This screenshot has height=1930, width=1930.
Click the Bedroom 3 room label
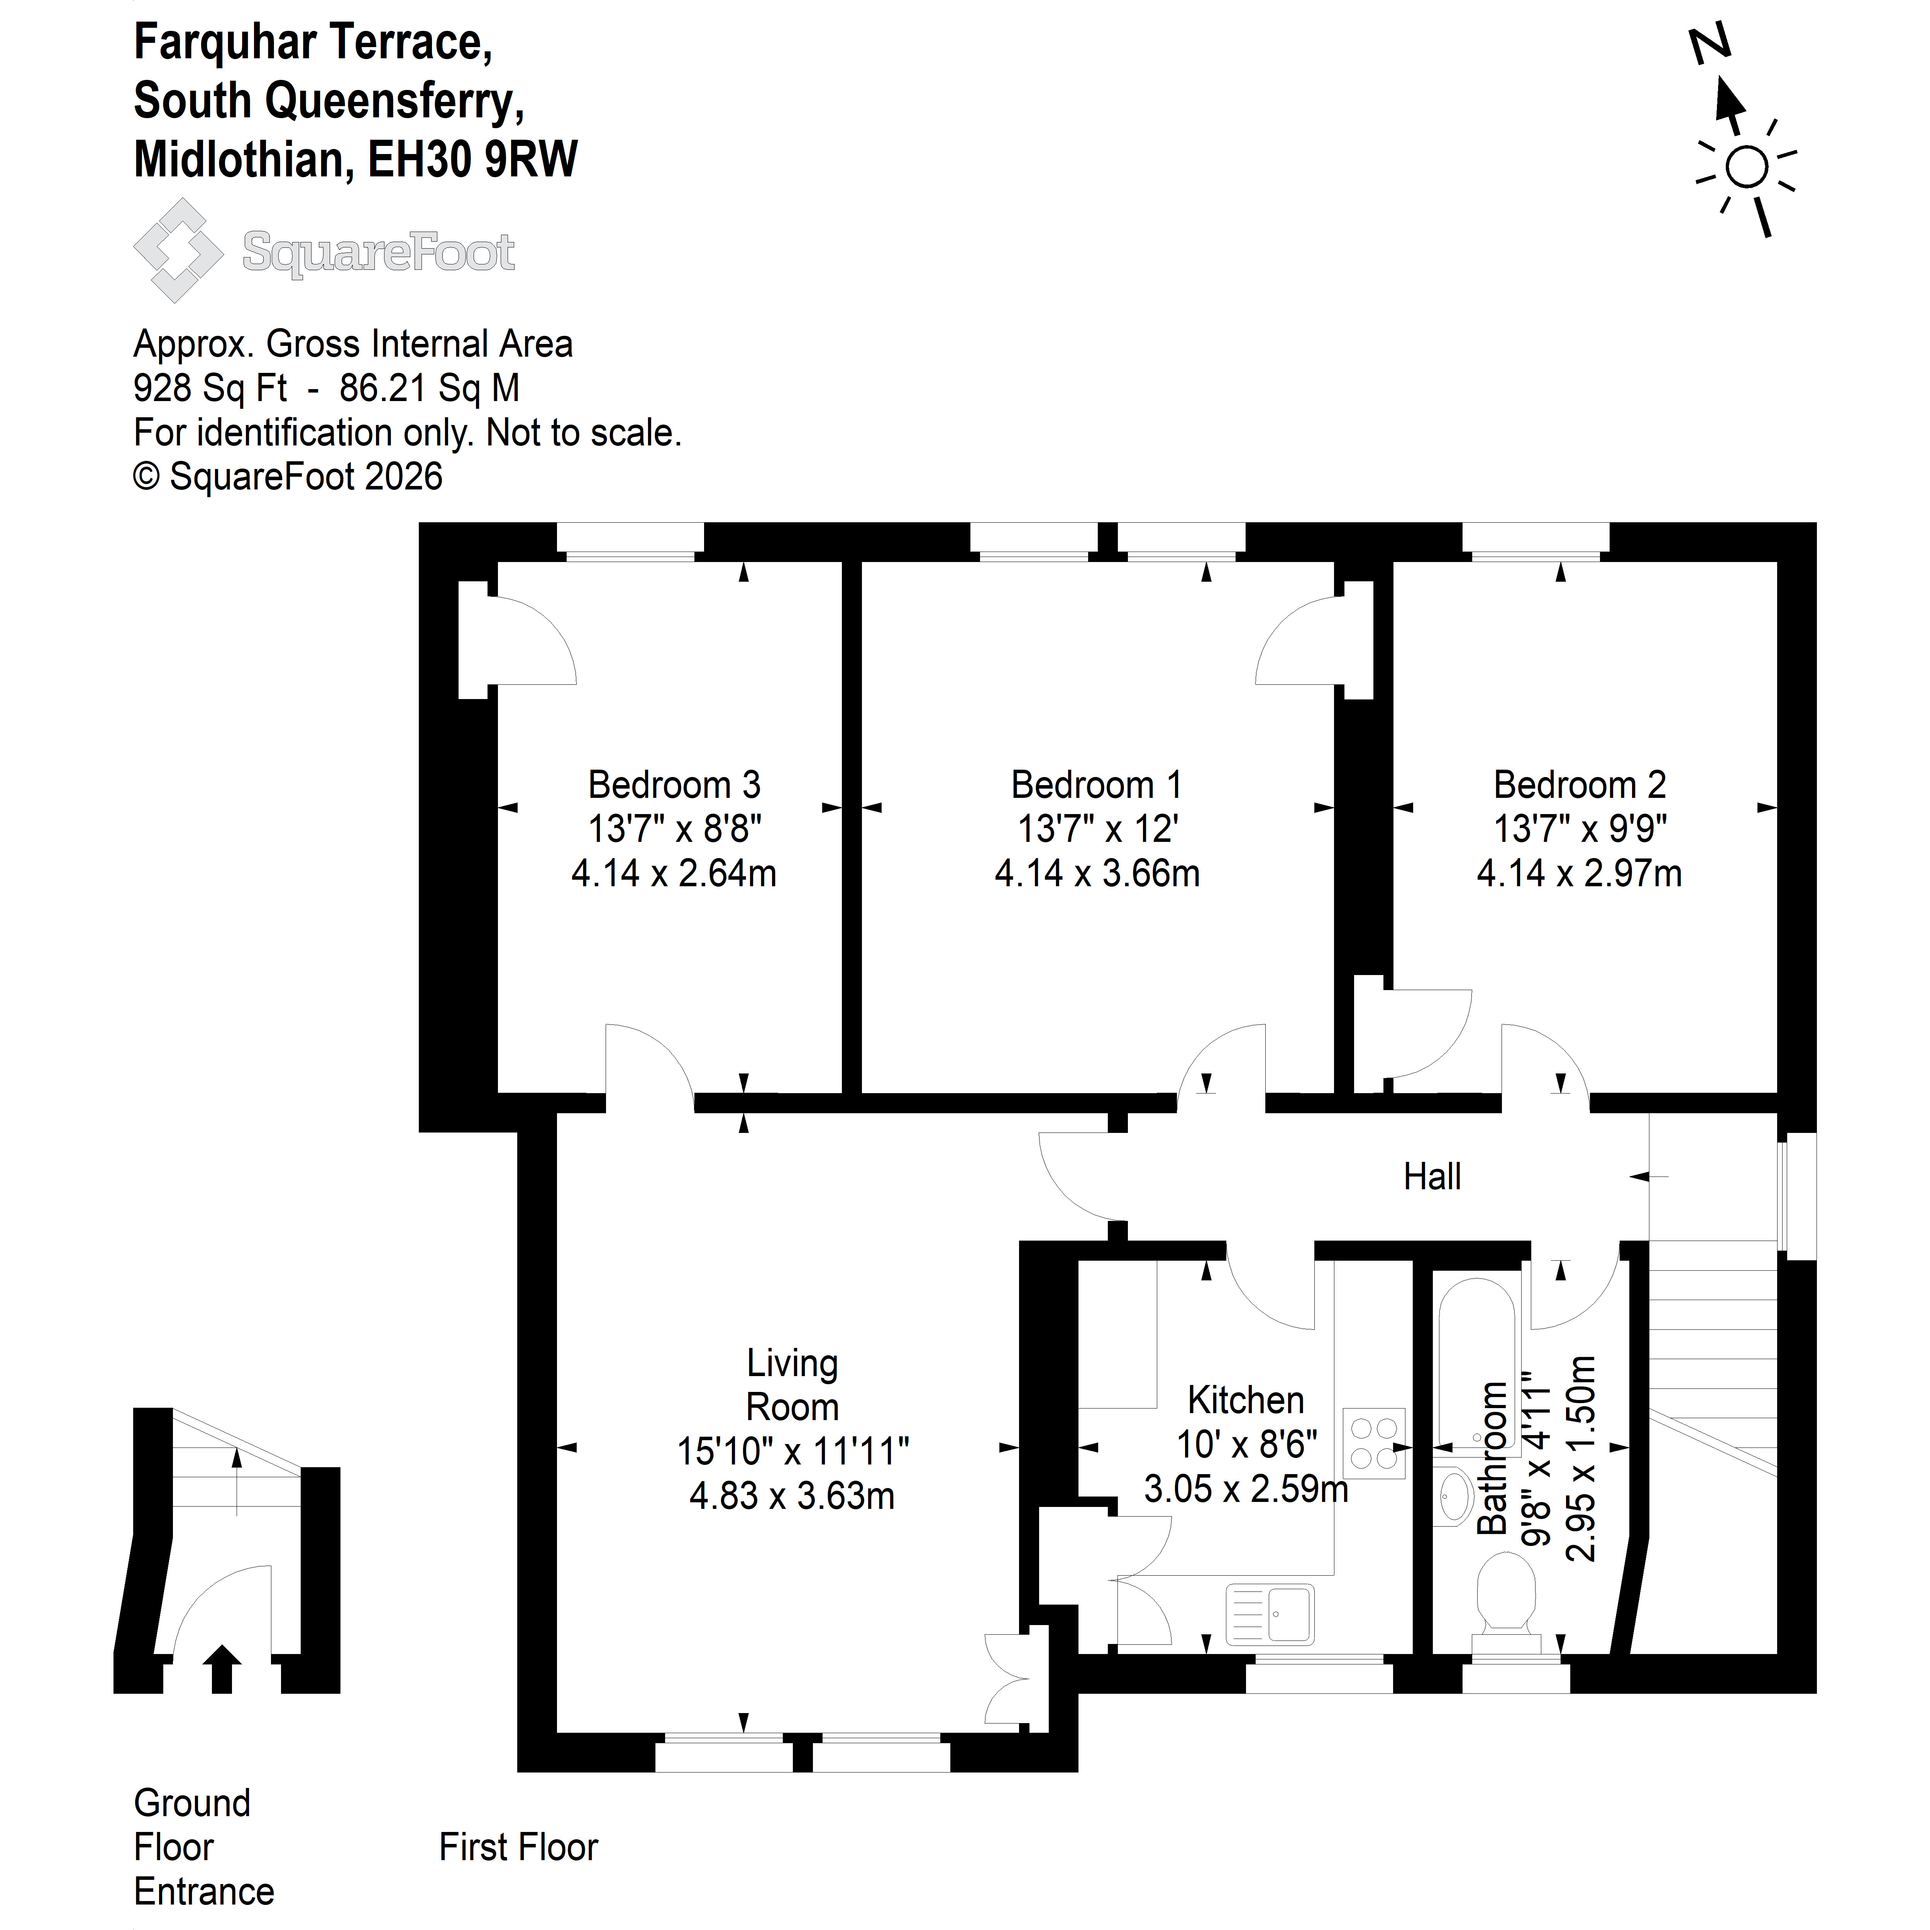coord(674,785)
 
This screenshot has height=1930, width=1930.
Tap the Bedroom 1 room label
coord(1097,785)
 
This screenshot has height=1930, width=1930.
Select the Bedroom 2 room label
coord(1580,785)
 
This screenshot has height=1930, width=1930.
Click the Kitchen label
coord(1246,1400)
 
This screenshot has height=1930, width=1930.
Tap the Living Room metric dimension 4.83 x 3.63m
coord(792,1497)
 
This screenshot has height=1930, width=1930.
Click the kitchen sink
coord(1270,1614)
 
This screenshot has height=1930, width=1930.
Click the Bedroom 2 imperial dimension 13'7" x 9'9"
coord(1580,829)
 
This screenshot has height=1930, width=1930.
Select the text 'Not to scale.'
coord(583,433)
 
